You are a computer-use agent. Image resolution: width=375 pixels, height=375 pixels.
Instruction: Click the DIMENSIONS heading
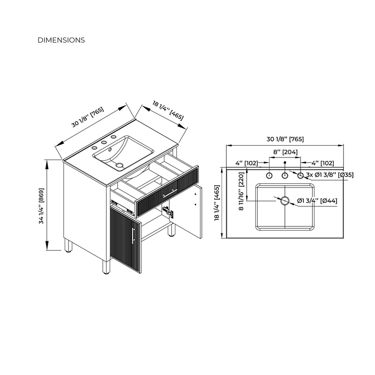61,40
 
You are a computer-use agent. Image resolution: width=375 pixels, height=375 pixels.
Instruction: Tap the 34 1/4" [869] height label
41,206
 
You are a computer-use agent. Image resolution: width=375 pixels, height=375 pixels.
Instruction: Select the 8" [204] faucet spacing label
285,152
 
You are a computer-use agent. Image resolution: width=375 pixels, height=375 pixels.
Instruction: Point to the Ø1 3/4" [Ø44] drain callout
317,201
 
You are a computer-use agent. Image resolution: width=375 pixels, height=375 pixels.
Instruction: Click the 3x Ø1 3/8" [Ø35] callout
330,175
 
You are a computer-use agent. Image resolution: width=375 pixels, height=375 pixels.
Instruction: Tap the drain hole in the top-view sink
285,201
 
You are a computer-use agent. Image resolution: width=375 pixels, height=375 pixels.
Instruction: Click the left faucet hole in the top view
269,176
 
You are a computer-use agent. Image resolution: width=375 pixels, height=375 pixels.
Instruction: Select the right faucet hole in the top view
300,176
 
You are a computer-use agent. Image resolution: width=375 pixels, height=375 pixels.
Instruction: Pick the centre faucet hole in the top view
285,176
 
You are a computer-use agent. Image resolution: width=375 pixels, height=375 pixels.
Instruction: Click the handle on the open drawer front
170,193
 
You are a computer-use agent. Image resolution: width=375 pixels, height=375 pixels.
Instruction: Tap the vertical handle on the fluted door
133,236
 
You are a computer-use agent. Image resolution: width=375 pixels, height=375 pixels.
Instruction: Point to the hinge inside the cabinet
168,212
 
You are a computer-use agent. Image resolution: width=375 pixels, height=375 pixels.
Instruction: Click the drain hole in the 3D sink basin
120,165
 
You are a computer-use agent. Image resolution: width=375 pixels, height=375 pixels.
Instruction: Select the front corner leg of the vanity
106,266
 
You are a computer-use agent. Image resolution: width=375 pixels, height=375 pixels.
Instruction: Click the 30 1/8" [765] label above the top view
285,139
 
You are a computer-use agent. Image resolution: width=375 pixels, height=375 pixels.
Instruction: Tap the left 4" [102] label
247,163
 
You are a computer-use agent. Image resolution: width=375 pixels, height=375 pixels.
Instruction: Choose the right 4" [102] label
322,163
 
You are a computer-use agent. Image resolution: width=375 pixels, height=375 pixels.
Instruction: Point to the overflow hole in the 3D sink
110,150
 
